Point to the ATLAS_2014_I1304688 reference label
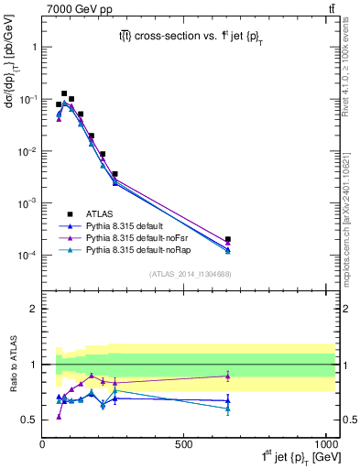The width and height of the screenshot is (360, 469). coord(183,273)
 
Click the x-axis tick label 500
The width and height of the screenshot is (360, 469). coord(183,443)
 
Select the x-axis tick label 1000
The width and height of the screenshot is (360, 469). coord(324,443)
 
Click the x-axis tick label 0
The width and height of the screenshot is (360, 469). coord(43,443)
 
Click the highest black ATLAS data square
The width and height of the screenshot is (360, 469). coord(64,93)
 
